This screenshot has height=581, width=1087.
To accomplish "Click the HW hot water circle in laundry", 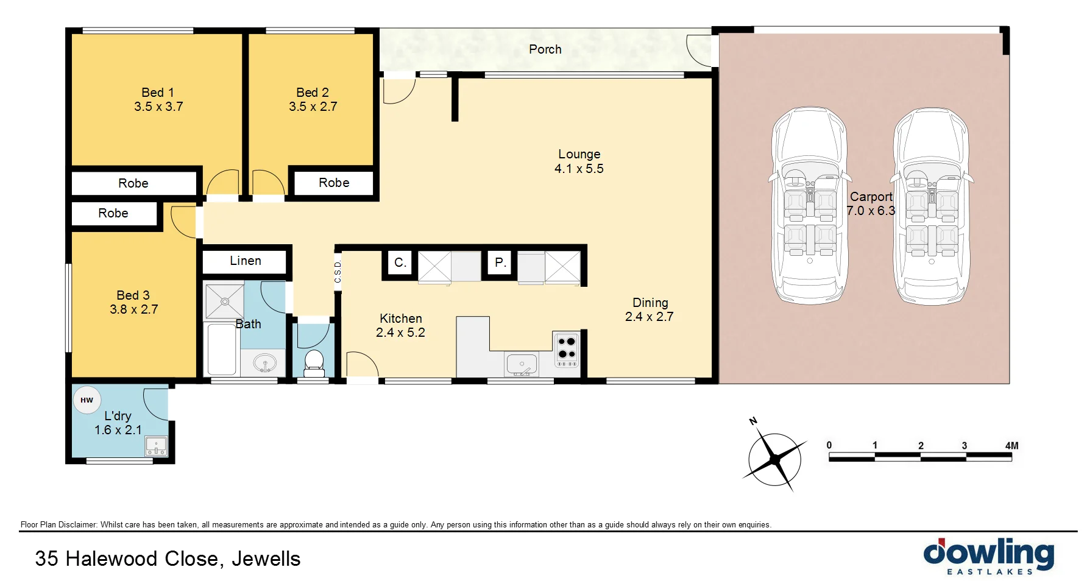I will pos(87,400).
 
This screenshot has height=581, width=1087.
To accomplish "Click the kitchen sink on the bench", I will pos(521,365).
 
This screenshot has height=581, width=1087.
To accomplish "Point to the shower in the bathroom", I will pos(224,301).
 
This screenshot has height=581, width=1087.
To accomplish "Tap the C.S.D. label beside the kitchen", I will pos(338,272).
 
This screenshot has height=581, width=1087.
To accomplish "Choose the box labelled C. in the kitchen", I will pos(400,262).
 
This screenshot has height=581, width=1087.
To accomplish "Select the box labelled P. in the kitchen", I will pos(500,262).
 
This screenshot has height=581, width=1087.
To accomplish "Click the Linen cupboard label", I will pos(245,261).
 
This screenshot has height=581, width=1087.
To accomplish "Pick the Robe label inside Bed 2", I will pos(334,183).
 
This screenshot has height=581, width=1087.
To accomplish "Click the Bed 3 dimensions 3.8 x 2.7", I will pos(133,309).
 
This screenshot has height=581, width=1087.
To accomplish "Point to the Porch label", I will pos(545,49).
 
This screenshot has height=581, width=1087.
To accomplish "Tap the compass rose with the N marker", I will pos(774,459).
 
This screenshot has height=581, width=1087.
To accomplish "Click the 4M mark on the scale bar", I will pos(1011,446).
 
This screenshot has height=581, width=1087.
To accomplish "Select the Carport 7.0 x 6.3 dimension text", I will pos(871,211).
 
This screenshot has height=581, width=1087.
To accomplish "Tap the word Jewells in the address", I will pos(266,558).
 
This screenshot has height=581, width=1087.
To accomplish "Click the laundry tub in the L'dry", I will pos(156,446).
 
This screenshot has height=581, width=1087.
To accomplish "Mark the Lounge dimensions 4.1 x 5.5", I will pos(579,169).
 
